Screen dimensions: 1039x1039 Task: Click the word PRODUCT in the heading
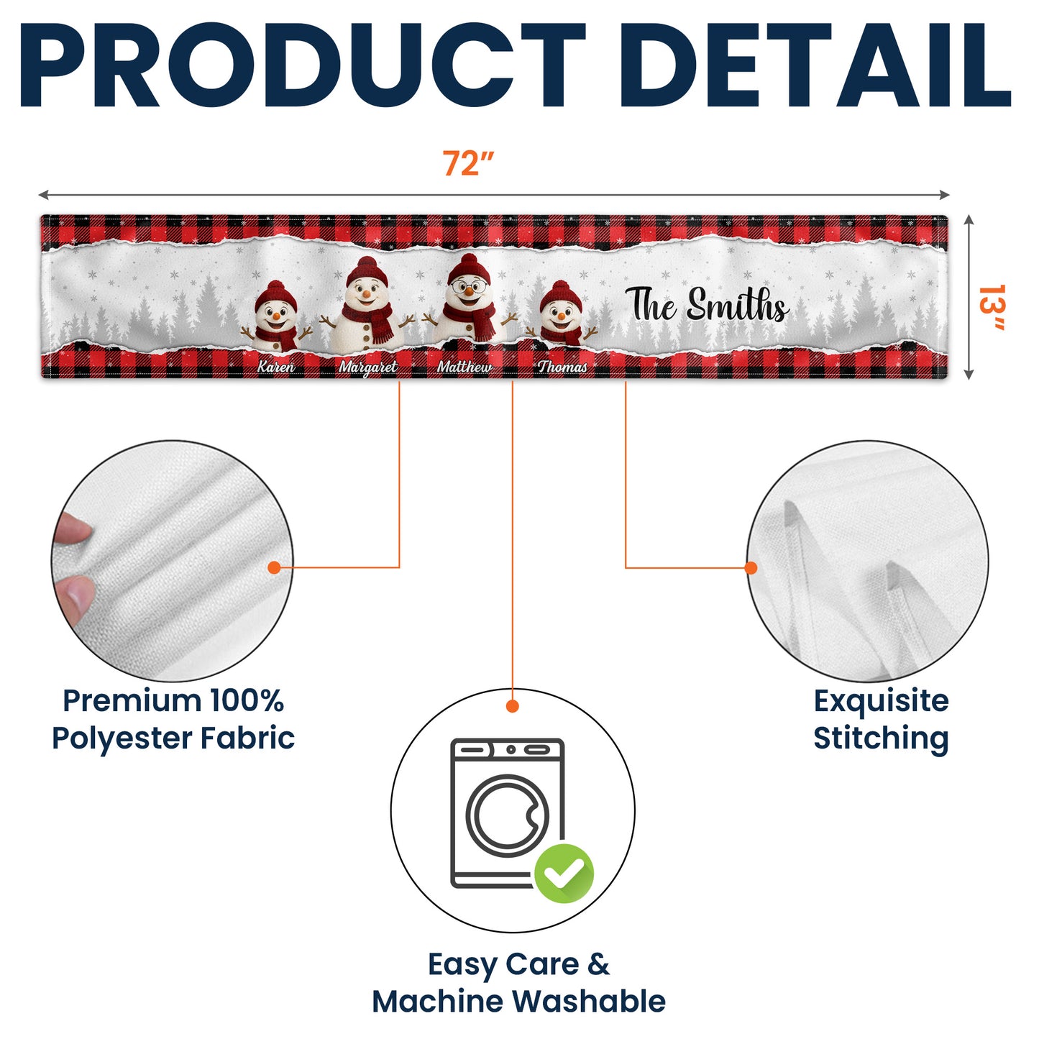(x=303, y=65)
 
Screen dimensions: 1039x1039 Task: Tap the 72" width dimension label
(x=468, y=163)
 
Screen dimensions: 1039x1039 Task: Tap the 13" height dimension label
(x=991, y=307)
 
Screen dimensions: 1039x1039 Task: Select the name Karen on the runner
(x=276, y=367)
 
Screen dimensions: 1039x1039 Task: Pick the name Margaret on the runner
(x=368, y=367)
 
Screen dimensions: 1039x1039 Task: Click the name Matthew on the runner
(x=464, y=367)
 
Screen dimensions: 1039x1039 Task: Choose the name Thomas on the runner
(x=562, y=367)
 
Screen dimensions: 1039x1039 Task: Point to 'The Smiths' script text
(x=708, y=305)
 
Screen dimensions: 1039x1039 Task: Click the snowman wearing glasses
(x=469, y=298)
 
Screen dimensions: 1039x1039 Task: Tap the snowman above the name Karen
(x=276, y=316)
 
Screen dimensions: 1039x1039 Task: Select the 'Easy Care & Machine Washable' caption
(x=518, y=982)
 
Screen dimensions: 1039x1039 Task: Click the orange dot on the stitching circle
(x=751, y=567)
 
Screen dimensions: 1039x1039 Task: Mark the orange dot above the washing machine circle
(x=513, y=706)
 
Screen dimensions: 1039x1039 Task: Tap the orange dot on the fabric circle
(x=275, y=567)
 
